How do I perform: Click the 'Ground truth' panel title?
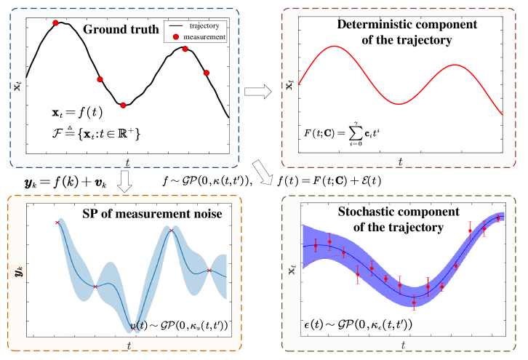coord(119,30)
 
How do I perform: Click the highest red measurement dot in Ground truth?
coord(56,23)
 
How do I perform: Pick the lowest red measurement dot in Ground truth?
coord(123,105)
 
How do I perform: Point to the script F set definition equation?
coord(91,134)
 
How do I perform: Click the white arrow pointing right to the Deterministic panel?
coord(257,92)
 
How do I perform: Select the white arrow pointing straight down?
coord(124,182)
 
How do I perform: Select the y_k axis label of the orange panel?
coord(18,273)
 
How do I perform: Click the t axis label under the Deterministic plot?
coord(400,161)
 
